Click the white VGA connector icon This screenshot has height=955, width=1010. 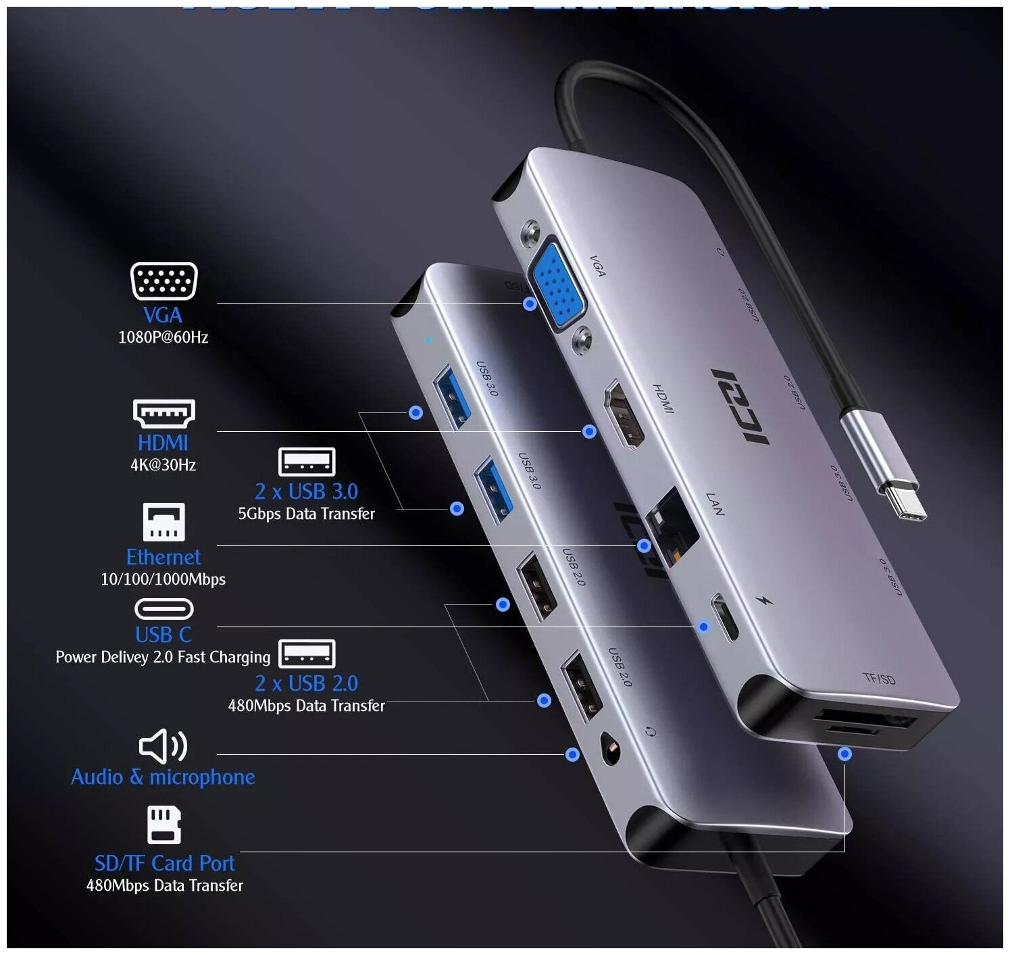point(163,281)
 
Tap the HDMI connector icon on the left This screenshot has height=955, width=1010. point(163,413)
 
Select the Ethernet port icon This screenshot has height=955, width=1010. point(163,522)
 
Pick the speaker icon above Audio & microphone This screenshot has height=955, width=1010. point(163,745)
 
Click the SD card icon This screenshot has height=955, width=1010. point(164,825)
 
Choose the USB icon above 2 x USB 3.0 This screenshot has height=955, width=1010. point(307,462)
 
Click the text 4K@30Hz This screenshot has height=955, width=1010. point(163,465)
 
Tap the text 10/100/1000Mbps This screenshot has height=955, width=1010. point(163,579)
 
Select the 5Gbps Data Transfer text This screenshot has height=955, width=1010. point(306,514)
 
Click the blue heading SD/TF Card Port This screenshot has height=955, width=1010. point(164,863)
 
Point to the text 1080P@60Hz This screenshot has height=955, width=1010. point(163,337)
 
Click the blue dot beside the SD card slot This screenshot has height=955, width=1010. point(844,753)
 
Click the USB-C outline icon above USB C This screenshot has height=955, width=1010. point(163,609)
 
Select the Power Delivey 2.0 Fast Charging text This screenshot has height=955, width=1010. point(163,657)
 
